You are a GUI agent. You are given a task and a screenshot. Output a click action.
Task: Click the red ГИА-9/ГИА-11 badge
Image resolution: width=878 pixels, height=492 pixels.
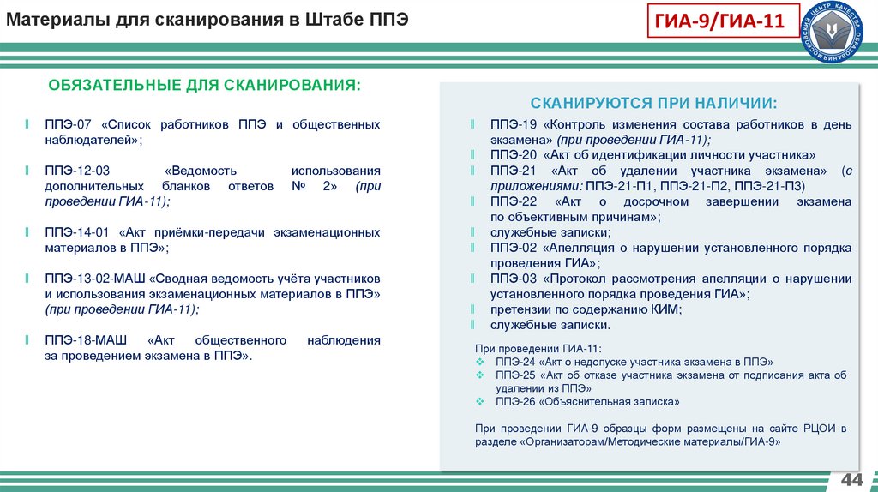point(731,22)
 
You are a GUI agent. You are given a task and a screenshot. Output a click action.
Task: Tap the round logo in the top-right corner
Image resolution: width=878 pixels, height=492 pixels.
point(839,33)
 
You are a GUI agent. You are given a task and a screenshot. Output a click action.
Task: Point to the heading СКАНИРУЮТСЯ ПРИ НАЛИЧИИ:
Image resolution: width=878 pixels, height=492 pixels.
point(653,103)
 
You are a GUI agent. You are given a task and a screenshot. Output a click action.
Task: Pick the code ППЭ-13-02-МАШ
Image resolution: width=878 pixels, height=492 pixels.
point(96,279)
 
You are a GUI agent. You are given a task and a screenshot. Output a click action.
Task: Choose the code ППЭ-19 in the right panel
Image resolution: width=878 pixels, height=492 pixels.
point(514,124)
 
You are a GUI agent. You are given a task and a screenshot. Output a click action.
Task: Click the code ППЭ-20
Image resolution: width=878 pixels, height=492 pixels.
point(514,155)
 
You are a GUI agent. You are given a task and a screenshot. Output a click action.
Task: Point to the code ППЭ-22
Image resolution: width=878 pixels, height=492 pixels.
point(514,201)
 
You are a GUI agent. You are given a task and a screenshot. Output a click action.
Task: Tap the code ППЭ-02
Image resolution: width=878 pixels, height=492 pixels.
point(514,248)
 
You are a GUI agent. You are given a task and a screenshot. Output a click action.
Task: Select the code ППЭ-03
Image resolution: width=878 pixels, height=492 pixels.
point(514,279)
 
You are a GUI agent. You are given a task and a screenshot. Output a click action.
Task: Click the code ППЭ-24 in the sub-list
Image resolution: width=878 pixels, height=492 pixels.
point(514,362)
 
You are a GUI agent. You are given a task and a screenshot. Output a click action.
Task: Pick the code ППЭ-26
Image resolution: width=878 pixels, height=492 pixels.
point(514,401)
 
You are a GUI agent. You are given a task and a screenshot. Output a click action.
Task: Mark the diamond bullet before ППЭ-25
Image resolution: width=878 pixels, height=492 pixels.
point(479,375)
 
